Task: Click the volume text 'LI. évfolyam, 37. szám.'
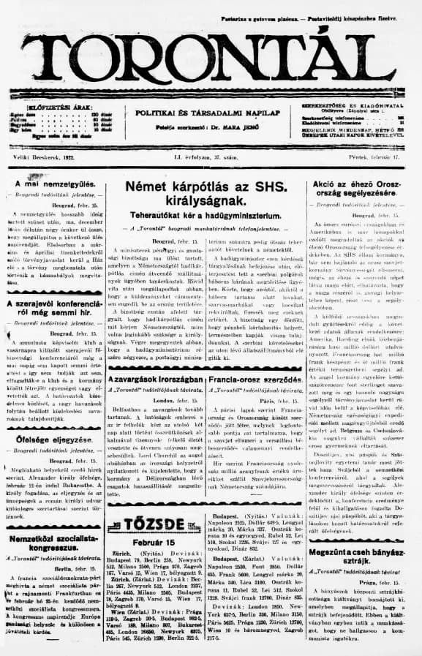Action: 211,158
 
